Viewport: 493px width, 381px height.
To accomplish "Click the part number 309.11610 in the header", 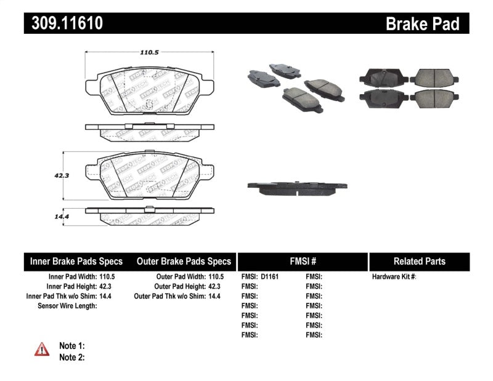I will point(63,24).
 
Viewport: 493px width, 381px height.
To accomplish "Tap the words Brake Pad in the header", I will point(422,24).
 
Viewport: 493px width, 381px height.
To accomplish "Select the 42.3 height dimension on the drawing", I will point(60,175).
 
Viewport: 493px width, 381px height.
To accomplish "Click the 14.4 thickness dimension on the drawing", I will point(59,215).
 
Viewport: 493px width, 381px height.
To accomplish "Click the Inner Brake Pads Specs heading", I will point(76,261).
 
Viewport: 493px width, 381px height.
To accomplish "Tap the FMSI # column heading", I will point(302,261).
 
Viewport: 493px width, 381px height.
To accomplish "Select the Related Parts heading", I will point(419,261).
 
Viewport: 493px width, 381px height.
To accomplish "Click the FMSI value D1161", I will point(269,277).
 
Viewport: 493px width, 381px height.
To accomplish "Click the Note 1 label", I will point(71,346).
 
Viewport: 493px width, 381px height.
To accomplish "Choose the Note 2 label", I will point(71,357).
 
